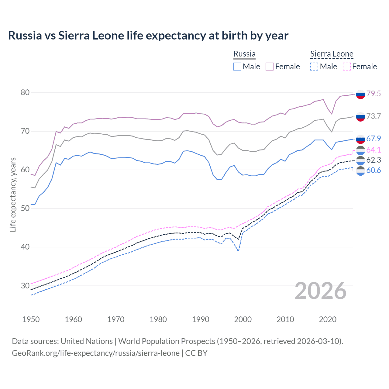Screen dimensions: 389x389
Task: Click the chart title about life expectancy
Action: (x=148, y=36)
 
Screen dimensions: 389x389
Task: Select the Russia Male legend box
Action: (x=237, y=67)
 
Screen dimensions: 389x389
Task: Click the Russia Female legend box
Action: (x=270, y=67)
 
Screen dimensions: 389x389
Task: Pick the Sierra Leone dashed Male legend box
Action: (x=314, y=67)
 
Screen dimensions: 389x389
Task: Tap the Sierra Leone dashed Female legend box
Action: (x=347, y=67)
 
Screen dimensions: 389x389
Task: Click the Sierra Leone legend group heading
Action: (x=332, y=54)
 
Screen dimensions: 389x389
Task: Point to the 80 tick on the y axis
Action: (x=25, y=93)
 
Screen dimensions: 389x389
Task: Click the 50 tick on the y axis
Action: (x=25, y=208)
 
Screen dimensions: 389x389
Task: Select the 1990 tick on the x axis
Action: (x=201, y=319)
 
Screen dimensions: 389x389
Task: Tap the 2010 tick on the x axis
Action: (x=285, y=319)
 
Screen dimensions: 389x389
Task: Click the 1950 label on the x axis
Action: (x=31, y=319)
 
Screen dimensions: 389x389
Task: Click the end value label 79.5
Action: (x=374, y=94)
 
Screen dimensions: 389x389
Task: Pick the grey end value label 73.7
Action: (x=374, y=116)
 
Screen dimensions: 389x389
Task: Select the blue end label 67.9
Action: (x=374, y=139)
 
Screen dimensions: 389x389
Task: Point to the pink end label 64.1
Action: (x=374, y=150)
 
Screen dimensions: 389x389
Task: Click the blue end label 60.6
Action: (x=374, y=170)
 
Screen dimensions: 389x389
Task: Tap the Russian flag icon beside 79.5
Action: (x=360, y=94)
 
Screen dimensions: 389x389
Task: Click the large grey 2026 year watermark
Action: (x=321, y=291)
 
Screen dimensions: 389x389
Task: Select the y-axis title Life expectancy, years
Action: (x=13, y=194)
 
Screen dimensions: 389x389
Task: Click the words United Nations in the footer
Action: (x=87, y=341)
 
